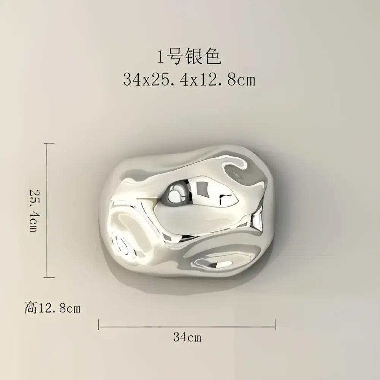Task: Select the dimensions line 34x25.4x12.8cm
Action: [189, 79]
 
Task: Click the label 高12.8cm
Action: [52, 308]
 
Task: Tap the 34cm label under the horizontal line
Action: [187, 337]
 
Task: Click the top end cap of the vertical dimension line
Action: [49, 144]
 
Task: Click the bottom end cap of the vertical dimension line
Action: [49, 277]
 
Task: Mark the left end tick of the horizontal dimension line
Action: [99, 325]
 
